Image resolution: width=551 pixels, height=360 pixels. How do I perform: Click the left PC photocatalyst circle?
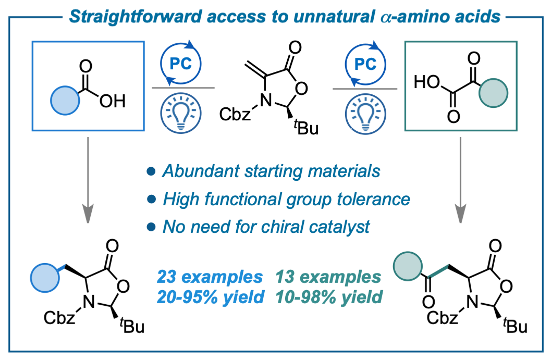coord(161,64)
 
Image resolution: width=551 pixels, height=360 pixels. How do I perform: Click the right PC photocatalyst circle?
coord(346,64)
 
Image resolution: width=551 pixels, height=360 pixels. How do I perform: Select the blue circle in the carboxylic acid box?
coord(65,101)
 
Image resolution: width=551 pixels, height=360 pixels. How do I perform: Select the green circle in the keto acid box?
coord(494,93)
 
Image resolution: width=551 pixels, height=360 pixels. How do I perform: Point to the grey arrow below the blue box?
coord(88,180)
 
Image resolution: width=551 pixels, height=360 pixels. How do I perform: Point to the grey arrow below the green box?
coord(460,180)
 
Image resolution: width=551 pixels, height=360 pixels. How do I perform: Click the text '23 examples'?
coord(210,277)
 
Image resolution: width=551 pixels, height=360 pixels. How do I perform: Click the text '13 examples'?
coord(328,277)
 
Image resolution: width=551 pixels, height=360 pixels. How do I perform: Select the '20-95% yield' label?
coord(210,297)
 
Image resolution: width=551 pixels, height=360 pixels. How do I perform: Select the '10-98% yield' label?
coord(329,297)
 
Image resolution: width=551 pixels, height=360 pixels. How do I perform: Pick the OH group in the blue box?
coord(113,102)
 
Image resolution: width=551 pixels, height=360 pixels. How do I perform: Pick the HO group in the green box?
coord(427,82)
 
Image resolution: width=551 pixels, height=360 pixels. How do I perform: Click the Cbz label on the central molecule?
coord(235,114)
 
